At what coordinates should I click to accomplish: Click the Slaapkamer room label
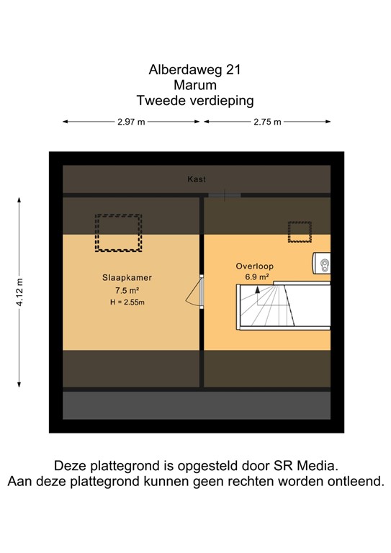[126, 276]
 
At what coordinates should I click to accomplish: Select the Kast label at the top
[197, 179]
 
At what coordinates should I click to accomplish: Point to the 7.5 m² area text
[127, 289]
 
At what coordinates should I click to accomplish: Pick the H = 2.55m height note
[127, 302]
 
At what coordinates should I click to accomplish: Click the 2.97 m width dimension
[131, 122]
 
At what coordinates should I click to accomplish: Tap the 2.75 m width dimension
[266, 122]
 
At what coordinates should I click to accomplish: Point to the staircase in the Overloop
[284, 306]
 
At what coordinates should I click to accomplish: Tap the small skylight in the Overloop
[299, 232]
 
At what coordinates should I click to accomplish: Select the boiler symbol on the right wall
[322, 264]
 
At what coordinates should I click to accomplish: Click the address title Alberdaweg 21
[194, 71]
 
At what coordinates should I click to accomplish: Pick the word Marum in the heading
[195, 86]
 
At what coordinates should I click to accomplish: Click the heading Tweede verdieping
[194, 102]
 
